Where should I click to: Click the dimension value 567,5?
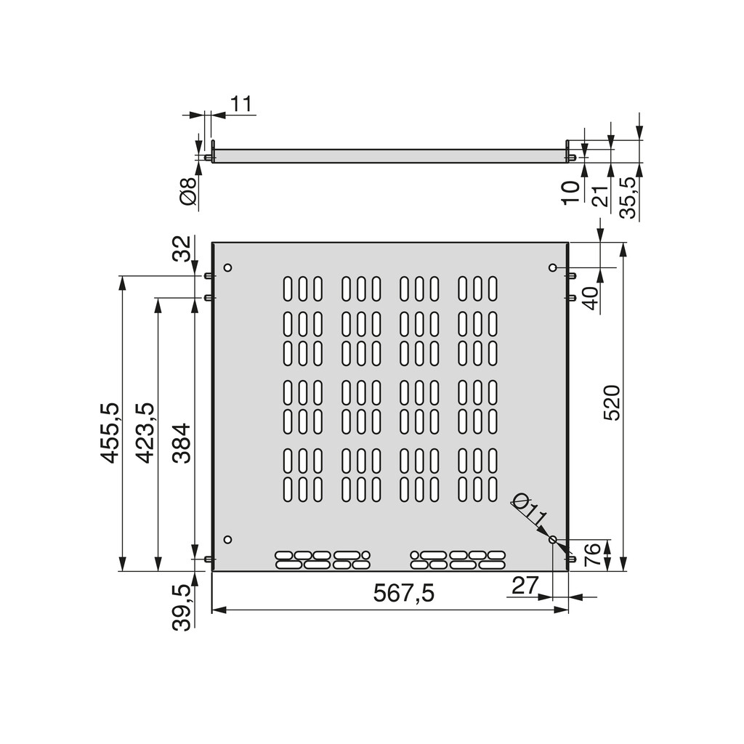[x=403, y=594]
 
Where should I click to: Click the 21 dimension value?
[x=599, y=195]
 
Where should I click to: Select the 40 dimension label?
[x=591, y=299]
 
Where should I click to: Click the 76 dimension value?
[x=592, y=554]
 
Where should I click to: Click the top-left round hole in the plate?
[x=227, y=267]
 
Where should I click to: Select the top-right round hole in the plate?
[x=552, y=268]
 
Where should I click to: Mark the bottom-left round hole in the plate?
[x=227, y=540]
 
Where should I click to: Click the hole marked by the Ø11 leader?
[x=552, y=540]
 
